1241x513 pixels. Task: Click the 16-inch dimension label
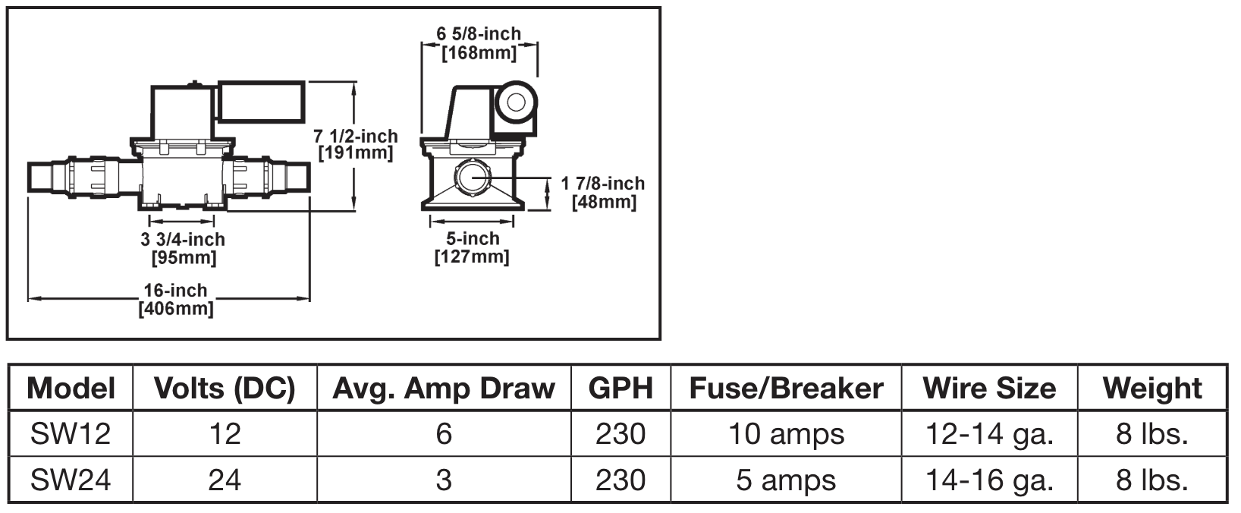175,291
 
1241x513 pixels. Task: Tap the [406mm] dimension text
175,309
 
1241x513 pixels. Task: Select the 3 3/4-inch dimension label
182,240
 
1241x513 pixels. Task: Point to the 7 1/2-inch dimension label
356,136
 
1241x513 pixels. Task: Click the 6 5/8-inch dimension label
479,34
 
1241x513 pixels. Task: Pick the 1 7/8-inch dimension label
603,184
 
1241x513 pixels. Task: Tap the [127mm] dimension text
472,257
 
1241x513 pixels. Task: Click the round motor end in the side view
518,102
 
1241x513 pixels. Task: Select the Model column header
71,389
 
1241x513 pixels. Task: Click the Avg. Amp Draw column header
444,389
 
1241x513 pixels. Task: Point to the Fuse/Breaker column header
786,389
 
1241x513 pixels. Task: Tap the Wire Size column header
989,389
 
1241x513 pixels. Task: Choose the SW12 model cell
71,434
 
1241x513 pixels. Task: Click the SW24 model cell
71,480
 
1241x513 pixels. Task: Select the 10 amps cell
786,434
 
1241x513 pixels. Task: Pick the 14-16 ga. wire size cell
989,480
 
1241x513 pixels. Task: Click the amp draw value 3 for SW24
444,480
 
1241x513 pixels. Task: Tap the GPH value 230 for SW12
620,434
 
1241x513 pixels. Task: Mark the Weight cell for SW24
1152,480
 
